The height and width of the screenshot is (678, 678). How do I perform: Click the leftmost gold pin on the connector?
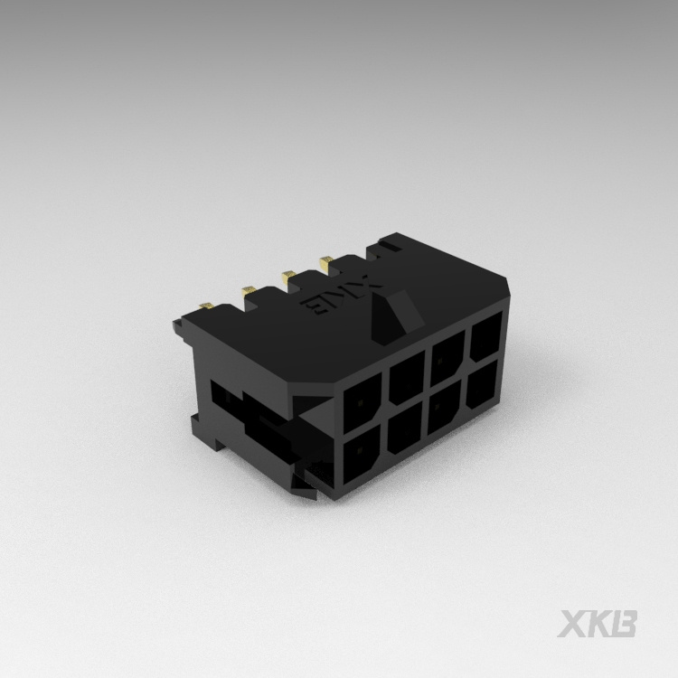point(207,306)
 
